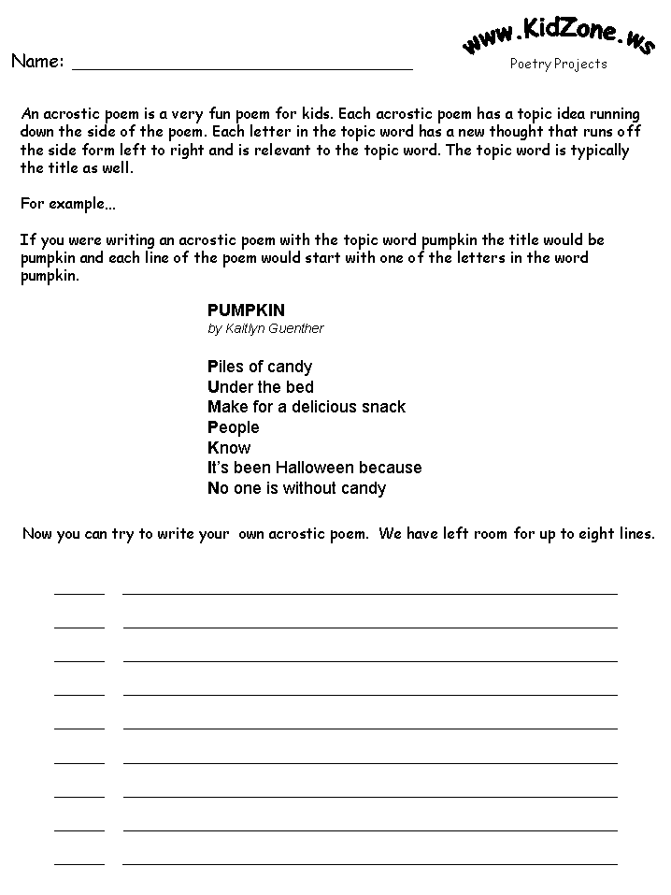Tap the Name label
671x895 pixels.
click(x=37, y=62)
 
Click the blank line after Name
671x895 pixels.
click(x=242, y=67)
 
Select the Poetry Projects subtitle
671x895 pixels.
click(x=558, y=64)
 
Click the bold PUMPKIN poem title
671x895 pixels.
click(x=246, y=310)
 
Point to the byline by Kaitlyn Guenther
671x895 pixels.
click(x=265, y=328)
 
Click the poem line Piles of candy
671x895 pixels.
click(x=260, y=367)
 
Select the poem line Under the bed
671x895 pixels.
click(x=261, y=387)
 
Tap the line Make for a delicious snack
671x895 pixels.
click(x=307, y=407)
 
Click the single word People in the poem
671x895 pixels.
click(x=234, y=427)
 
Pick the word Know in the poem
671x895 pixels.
click(x=229, y=448)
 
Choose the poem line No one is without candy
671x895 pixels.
click(x=296, y=488)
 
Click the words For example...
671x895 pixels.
click(x=62, y=204)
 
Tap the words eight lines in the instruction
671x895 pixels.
click(x=621, y=534)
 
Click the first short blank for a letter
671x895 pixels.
click(x=79, y=592)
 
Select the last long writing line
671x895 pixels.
click(x=370, y=863)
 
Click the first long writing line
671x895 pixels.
click(x=370, y=592)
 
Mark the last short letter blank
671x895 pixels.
click(x=79, y=863)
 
